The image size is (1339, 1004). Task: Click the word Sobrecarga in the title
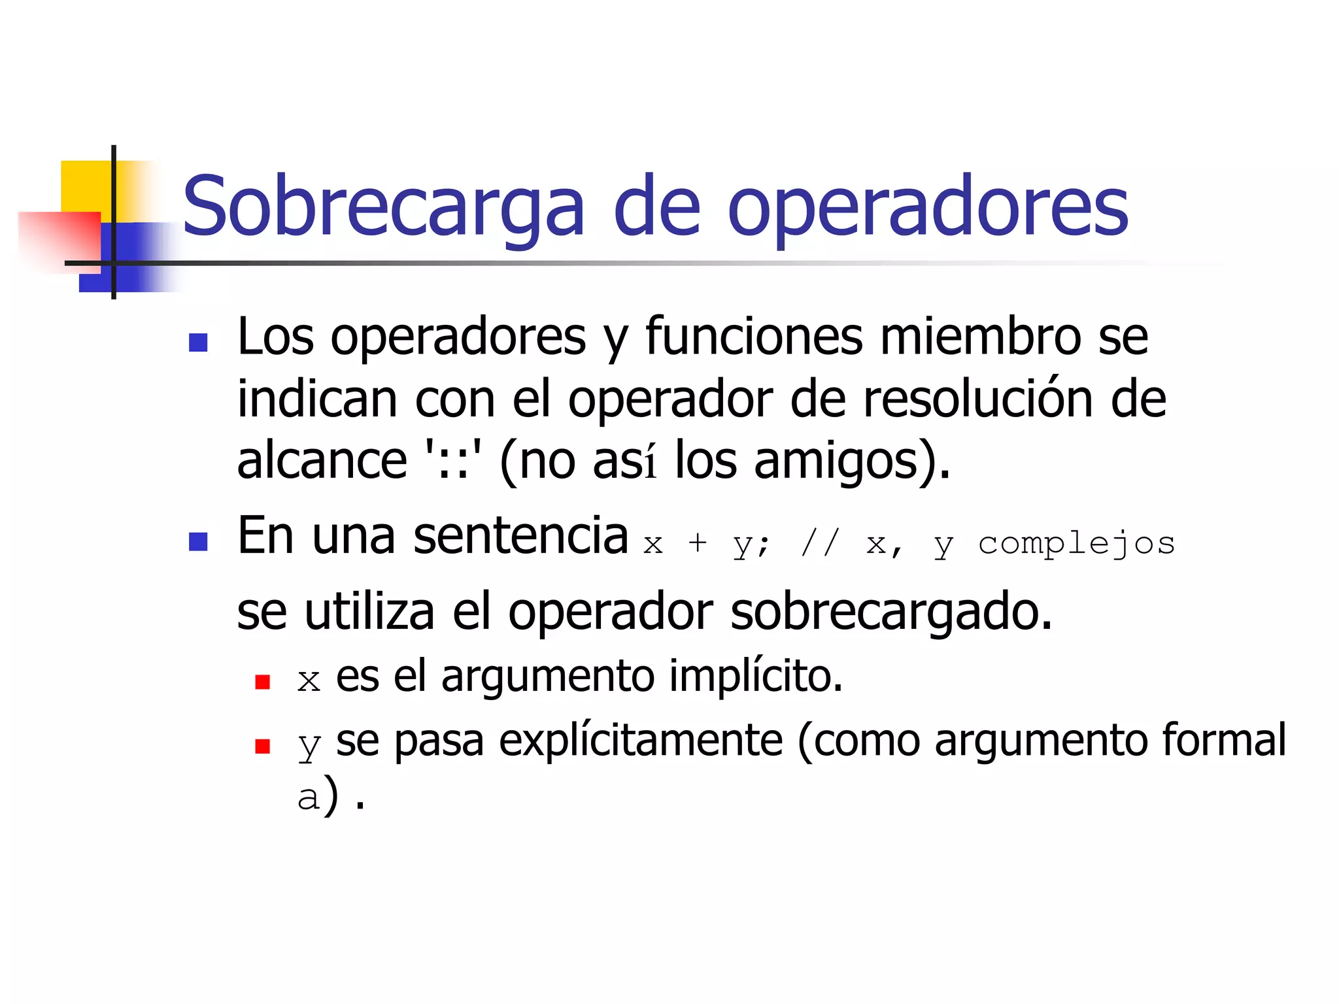pos(383,206)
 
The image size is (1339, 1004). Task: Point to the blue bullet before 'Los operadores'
pos(198,343)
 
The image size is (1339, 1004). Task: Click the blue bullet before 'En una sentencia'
pos(198,541)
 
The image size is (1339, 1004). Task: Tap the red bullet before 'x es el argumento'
pos(263,682)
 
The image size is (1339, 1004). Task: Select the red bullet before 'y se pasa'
pos(263,746)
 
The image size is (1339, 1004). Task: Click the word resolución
pos(978,399)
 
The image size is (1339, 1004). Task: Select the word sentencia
pos(520,536)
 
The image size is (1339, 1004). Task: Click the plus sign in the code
pos(698,543)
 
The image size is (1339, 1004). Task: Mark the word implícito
pos(755,676)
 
